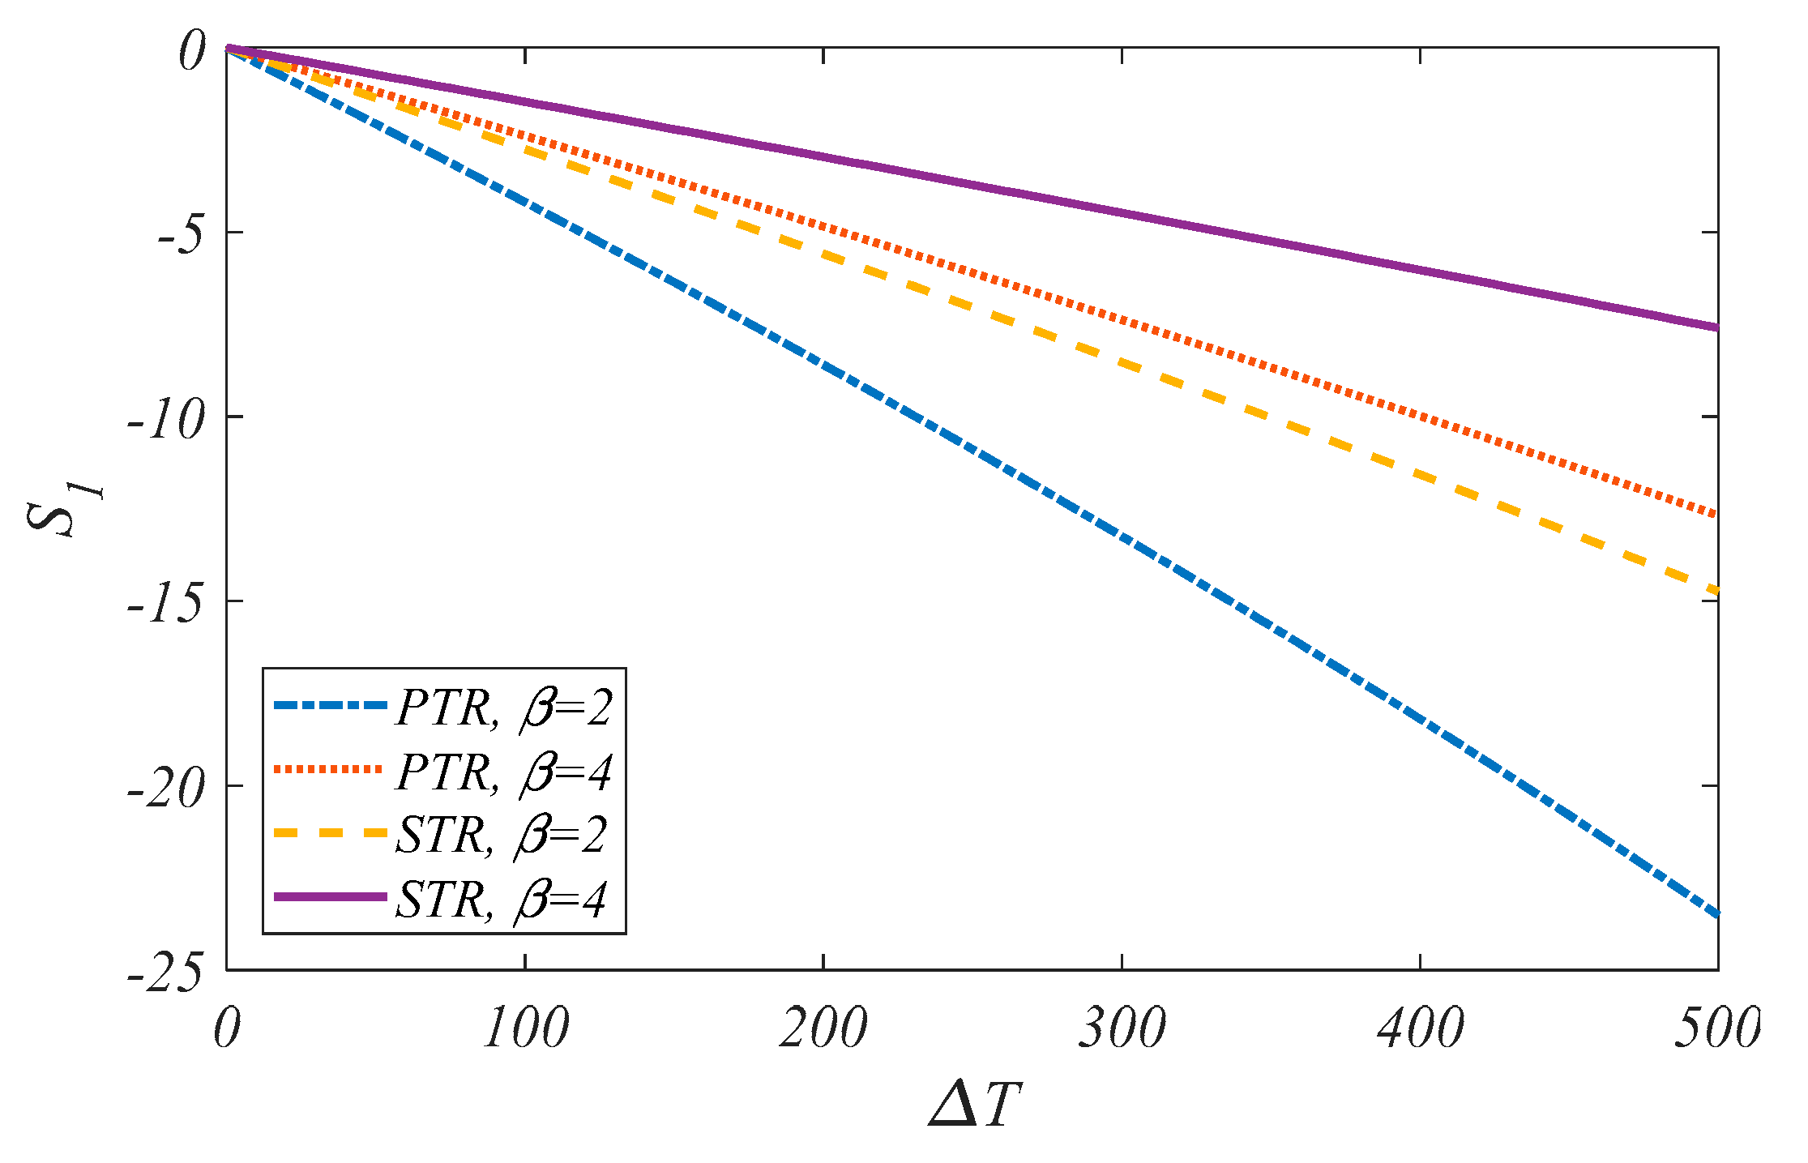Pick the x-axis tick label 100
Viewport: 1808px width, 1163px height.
[x=525, y=1028]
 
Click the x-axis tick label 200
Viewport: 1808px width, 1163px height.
[x=823, y=1028]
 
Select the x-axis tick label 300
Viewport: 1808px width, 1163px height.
[x=1122, y=1028]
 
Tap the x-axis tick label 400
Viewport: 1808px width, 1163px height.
[x=1420, y=1028]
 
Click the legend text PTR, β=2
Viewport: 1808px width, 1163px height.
[x=503, y=708]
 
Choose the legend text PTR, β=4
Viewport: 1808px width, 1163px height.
[x=503, y=772]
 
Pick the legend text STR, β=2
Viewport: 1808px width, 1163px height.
[x=501, y=835]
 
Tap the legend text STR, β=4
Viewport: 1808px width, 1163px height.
[x=501, y=899]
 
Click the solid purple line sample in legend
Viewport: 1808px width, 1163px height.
[x=330, y=896]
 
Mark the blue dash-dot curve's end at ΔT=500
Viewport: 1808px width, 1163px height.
[x=1716, y=914]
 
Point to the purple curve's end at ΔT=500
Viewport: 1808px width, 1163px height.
[x=1716, y=327]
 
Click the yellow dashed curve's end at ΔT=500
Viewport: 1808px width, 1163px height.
[x=1716, y=592]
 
